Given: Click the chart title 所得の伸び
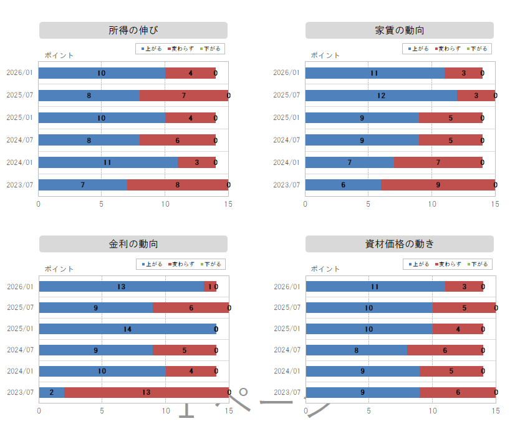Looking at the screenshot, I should pos(133,31).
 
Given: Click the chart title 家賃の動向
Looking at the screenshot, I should pos(400,31).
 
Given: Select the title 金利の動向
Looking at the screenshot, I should pos(133,244).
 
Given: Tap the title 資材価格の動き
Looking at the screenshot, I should pos(400,244).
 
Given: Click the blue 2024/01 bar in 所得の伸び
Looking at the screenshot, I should pos(108,162).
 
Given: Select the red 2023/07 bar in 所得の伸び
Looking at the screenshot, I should pos(178,185).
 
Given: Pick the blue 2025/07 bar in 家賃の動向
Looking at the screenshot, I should pos(381,96).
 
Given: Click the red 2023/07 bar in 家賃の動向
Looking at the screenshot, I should pos(438,185).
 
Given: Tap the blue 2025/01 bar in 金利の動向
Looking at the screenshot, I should pos(127,329).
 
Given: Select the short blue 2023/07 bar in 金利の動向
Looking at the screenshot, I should pos(51,392).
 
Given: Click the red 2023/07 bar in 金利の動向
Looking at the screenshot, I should pos(146,392).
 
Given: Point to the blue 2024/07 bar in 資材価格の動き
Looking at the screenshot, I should pos(356,350).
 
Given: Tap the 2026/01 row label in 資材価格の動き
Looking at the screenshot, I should pos(287,287).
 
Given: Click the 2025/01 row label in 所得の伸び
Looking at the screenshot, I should pos(19,117).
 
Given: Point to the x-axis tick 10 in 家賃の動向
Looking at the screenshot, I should pos(431,204).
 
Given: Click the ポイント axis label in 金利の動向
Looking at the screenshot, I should pos(59,269).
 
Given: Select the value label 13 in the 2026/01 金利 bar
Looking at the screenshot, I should pos(121,287).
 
